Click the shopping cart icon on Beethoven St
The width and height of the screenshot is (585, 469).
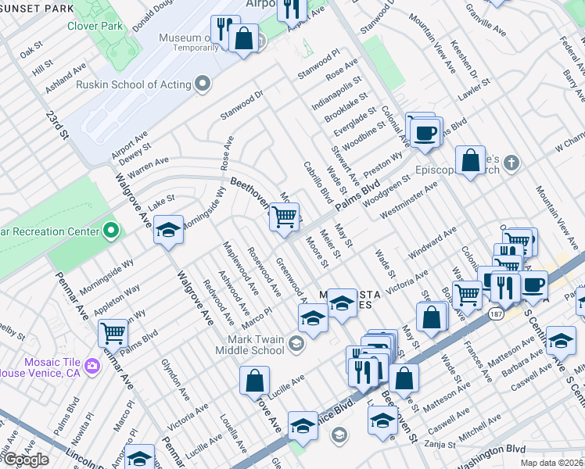click(x=285, y=216)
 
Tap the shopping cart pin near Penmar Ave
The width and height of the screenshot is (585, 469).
click(x=113, y=333)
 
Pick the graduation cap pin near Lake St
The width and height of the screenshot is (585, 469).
click(x=168, y=230)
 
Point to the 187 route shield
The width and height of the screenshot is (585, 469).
click(x=496, y=313)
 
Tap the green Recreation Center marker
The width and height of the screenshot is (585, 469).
click(x=111, y=231)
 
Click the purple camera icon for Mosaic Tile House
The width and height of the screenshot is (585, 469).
click(x=92, y=365)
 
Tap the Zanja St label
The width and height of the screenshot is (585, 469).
click(x=440, y=444)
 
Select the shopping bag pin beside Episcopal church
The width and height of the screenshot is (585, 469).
click(x=471, y=161)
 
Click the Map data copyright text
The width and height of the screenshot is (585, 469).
click(x=552, y=463)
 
